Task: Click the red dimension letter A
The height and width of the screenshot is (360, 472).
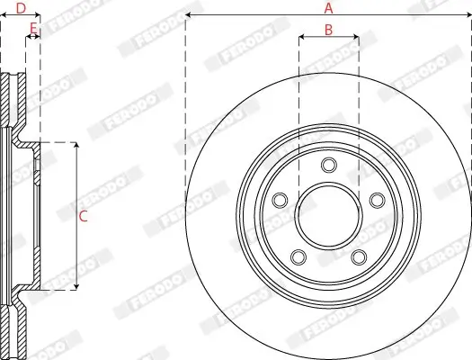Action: point(328,8)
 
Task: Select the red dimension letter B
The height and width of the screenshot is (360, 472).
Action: point(328,30)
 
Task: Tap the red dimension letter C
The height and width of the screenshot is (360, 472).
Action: point(83,216)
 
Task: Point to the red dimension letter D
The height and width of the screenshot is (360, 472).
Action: point(20,8)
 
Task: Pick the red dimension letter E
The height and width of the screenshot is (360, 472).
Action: point(33,29)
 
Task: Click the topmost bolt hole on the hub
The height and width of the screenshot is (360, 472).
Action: point(328,164)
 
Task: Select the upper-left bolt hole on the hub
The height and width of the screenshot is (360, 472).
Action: point(281,199)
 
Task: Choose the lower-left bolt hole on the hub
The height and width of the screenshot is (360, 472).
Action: point(298,256)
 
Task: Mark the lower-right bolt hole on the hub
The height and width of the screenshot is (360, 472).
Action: point(358,256)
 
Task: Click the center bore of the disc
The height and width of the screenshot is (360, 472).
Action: point(328,215)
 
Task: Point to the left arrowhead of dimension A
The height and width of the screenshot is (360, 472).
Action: point(189,16)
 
